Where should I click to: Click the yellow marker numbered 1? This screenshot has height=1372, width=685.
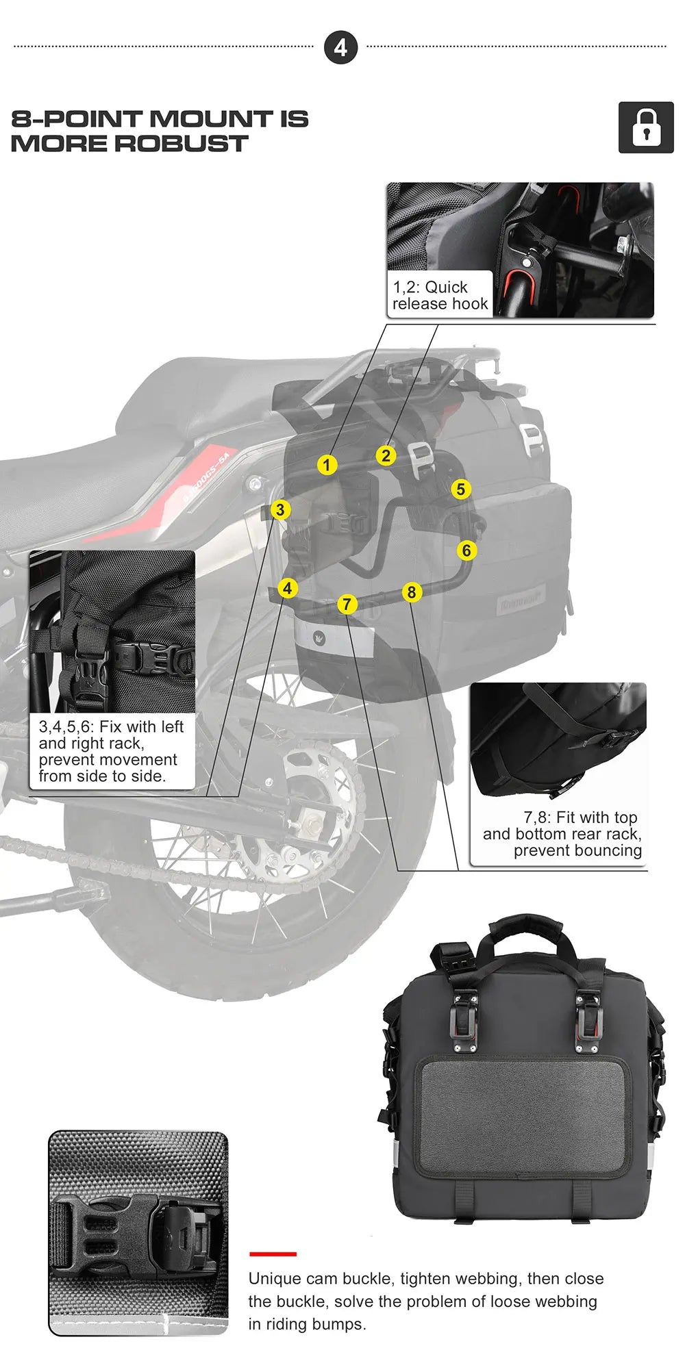click(327, 465)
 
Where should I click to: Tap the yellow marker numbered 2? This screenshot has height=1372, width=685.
click(386, 455)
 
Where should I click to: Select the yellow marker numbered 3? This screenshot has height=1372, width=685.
click(279, 509)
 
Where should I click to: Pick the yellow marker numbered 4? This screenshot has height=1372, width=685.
click(288, 587)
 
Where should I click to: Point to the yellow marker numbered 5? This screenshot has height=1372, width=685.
click(460, 489)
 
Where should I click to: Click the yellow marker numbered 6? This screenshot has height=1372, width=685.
click(466, 550)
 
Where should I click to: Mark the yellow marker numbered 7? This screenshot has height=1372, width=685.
click(347, 604)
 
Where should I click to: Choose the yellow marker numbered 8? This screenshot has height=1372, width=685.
click(411, 592)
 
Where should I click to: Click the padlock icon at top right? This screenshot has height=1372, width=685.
click(645, 127)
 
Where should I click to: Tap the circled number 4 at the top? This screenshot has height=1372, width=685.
click(340, 48)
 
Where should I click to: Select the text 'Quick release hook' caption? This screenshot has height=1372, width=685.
click(440, 295)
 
